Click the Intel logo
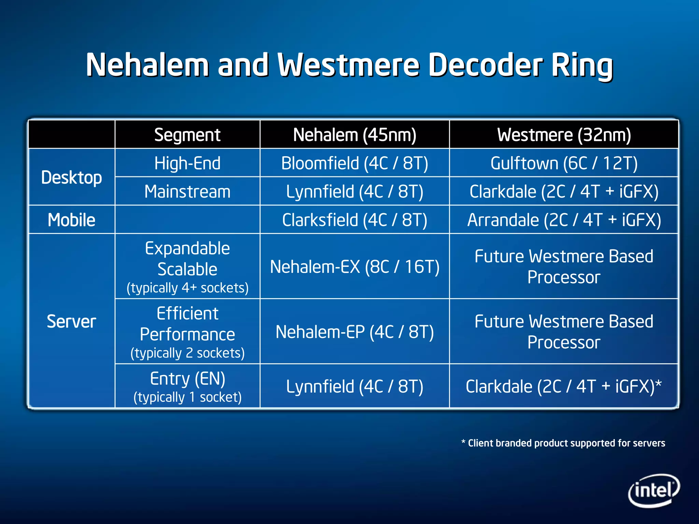653,490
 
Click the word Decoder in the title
484,65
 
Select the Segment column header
187,135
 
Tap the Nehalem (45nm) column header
355,135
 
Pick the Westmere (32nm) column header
564,135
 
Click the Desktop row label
71,177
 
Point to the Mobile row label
71,220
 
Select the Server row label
71,321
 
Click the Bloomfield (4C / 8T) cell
355,163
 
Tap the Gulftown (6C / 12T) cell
564,163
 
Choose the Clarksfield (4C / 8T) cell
355,220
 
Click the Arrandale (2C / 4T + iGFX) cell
564,220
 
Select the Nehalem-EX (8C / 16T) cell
355,267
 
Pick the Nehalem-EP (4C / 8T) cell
355,332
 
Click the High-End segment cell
187,163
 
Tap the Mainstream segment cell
187,191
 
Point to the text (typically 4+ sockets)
187,288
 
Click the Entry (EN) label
187,379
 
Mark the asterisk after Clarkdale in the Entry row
659,384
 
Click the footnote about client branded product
563,443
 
